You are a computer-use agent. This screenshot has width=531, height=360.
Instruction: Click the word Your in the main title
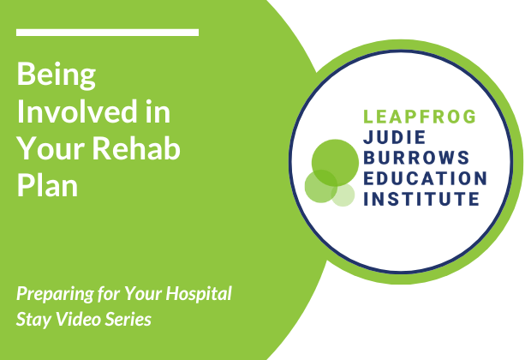(x=51, y=150)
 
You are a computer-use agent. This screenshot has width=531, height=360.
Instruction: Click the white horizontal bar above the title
(x=107, y=33)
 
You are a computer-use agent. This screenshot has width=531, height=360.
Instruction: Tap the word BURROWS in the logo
(x=413, y=158)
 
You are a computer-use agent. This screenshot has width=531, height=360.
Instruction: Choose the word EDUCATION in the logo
(x=426, y=178)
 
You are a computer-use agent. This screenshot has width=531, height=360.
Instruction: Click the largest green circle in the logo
(x=334, y=161)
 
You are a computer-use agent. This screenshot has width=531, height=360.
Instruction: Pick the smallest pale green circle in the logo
(x=343, y=195)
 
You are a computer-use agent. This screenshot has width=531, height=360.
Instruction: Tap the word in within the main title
(x=158, y=114)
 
